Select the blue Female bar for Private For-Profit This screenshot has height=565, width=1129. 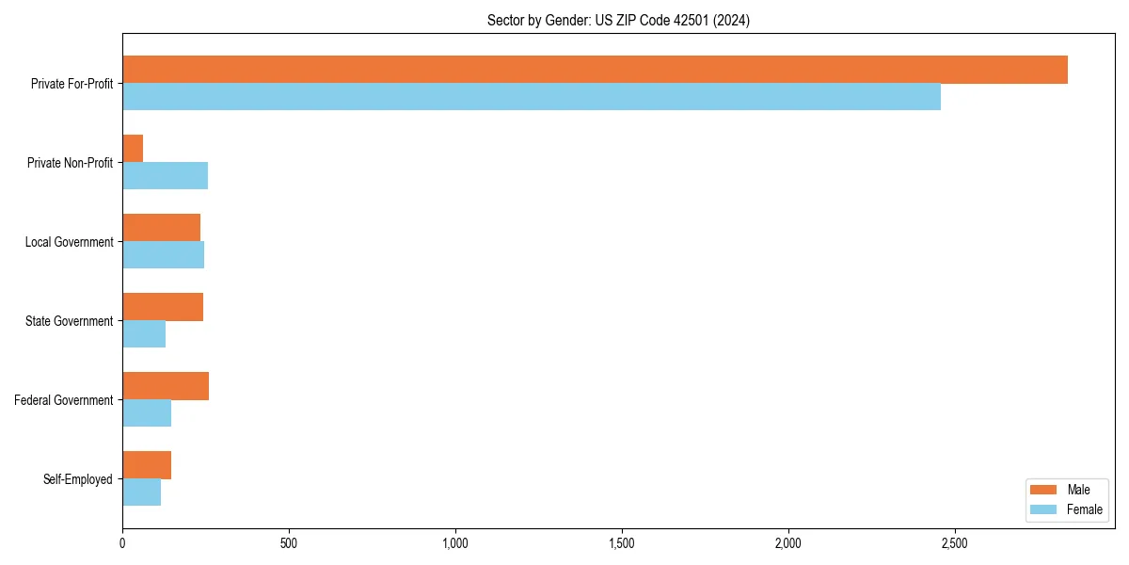point(532,97)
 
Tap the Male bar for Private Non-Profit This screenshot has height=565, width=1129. point(133,149)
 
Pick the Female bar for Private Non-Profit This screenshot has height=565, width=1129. point(165,176)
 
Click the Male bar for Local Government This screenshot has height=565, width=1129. point(161,228)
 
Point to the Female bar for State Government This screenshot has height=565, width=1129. point(144,334)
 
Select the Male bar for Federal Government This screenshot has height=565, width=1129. point(166,386)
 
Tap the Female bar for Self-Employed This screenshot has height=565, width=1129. point(141,492)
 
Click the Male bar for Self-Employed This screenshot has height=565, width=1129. point(147,465)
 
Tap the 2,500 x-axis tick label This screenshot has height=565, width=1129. point(954,543)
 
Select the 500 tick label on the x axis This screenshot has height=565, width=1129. point(289,543)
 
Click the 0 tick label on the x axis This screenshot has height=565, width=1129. point(122,543)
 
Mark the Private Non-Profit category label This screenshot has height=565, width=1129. point(70,163)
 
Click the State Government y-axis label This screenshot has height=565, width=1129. point(69,321)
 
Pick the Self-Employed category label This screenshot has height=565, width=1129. point(78,479)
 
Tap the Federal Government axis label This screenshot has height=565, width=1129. point(64,400)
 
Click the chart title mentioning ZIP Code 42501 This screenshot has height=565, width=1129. point(618,20)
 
